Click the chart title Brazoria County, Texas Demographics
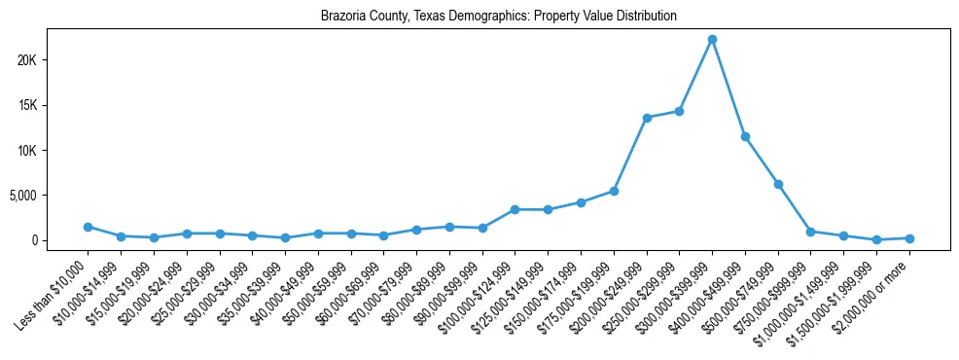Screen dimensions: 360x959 [498, 17]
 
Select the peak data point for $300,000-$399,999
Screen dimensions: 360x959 [712, 39]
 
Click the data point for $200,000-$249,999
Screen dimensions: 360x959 [647, 118]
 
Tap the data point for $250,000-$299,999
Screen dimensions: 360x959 [679, 111]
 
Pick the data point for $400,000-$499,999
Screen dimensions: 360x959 [745, 136]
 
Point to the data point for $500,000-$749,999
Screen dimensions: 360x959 [778, 184]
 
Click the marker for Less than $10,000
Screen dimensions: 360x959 [88, 227]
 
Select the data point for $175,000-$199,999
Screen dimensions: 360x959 [614, 191]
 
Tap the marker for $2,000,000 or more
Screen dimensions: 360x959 [909, 238]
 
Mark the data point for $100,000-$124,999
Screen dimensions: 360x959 [515, 209]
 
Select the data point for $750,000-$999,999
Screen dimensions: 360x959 [810, 232]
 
